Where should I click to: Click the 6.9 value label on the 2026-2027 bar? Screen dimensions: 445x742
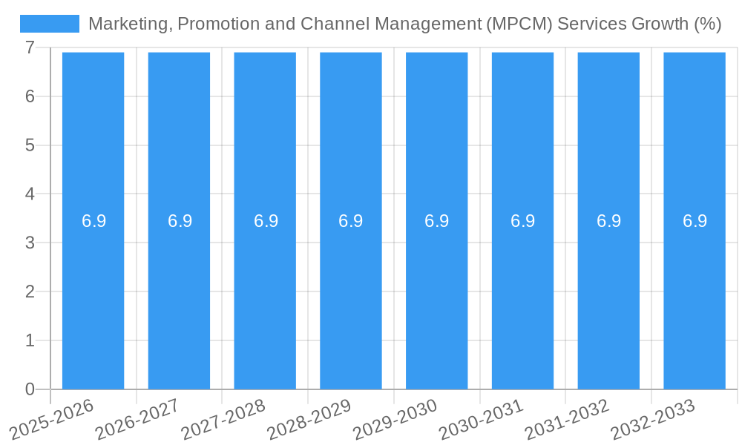coord(180,221)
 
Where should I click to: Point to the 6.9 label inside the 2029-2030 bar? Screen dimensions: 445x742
coord(436,221)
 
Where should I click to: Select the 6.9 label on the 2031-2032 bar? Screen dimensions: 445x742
coord(608,221)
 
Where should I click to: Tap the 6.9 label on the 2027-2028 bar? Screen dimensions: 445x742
coord(266,221)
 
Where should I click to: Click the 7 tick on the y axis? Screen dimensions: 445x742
coord(30,47)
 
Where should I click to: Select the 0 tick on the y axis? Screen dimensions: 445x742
coord(30,389)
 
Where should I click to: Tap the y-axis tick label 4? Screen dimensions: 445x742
coord(30,194)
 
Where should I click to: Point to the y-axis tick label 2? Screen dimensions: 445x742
coord(30,291)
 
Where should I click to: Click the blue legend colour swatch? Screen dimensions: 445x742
coord(50,24)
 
